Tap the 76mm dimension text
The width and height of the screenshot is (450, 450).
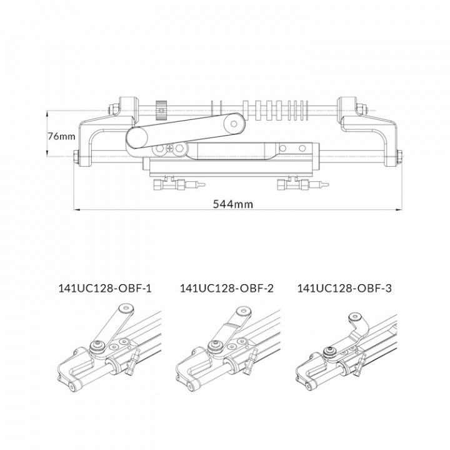click(x=62, y=136)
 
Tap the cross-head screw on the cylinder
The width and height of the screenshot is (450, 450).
click(x=170, y=149)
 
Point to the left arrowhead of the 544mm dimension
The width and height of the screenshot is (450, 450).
click(x=76, y=209)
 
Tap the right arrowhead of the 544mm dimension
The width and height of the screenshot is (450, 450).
click(x=400, y=209)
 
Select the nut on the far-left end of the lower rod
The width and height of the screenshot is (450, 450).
click(x=76, y=157)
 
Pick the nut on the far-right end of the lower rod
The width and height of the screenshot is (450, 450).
click(x=399, y=157)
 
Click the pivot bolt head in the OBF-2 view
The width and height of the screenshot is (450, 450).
click(x=217, y=345)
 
